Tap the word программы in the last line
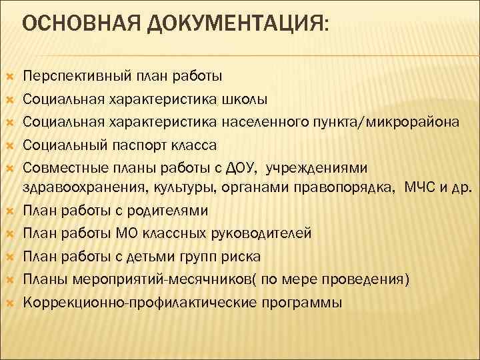297,302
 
